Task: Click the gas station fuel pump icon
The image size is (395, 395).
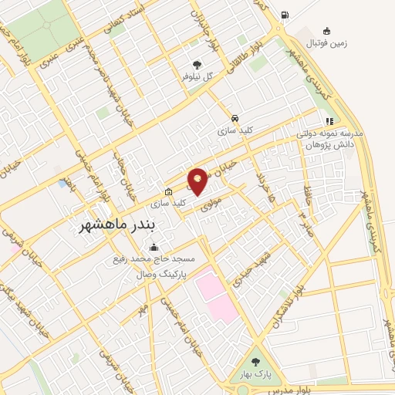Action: pos(286,15)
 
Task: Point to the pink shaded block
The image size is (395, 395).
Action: pos(214,292)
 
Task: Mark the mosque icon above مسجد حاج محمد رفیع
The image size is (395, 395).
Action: pos(155,247)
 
